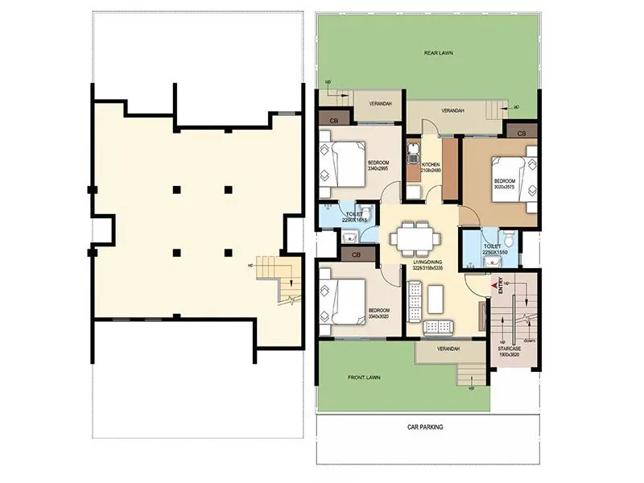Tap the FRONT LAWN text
click(364, 377)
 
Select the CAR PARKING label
click(425, 427)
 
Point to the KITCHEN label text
click(431, 164)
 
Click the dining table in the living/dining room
click(414, 238)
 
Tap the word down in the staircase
click(530, 341)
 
